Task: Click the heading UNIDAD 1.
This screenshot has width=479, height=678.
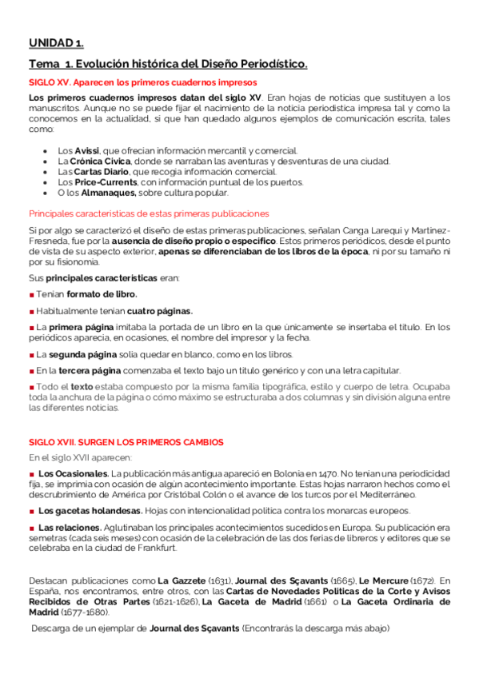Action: tap(56, 43)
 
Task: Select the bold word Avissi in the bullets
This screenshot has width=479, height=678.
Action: tap(87, 150)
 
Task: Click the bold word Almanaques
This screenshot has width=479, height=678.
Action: tap(105, 192)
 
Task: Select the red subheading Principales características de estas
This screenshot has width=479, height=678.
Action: tap(149, 213)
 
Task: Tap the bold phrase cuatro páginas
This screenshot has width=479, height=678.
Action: tap(160, 311)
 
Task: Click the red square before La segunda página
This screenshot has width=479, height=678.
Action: tap(31, 354)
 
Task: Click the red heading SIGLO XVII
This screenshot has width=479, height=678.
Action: tap(126, 441)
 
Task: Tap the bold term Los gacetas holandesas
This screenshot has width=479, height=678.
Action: tap(90, 510)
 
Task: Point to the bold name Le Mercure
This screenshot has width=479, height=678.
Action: tap(382, 580)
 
